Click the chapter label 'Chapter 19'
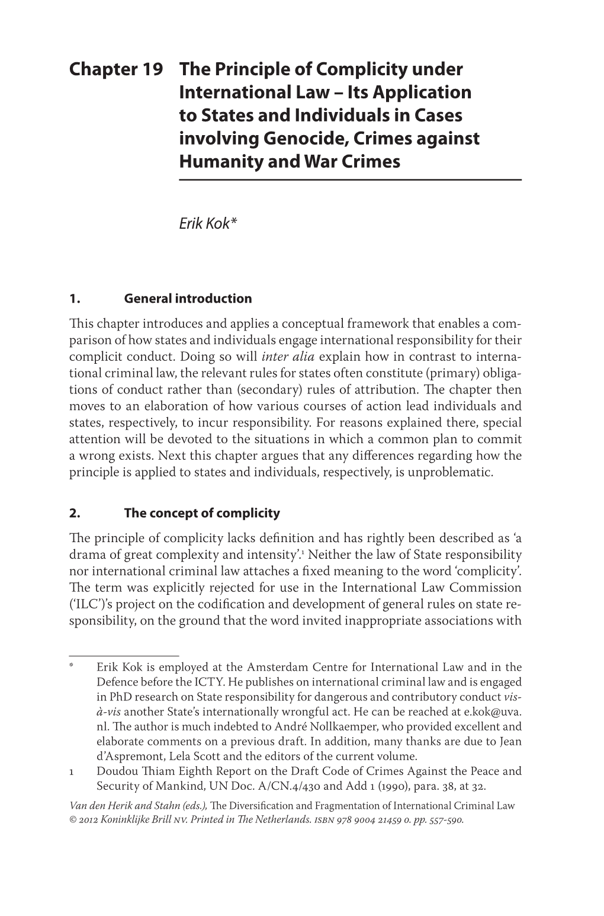pos(116,70)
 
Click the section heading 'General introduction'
pos(188,299)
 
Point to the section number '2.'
pos(75,513)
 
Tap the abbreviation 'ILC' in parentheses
pos(83,605)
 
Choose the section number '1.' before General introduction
pos(74,299)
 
